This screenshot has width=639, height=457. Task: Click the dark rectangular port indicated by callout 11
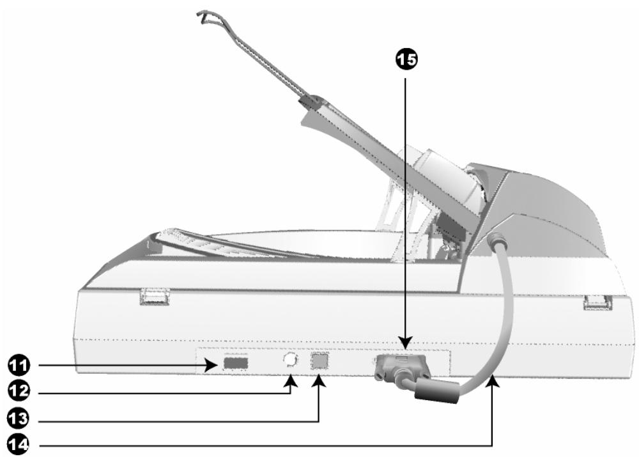235,364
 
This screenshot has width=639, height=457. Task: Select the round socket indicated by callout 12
291,360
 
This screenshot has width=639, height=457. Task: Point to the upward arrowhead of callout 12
291,381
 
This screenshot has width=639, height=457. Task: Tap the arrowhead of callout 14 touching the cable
493,382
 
